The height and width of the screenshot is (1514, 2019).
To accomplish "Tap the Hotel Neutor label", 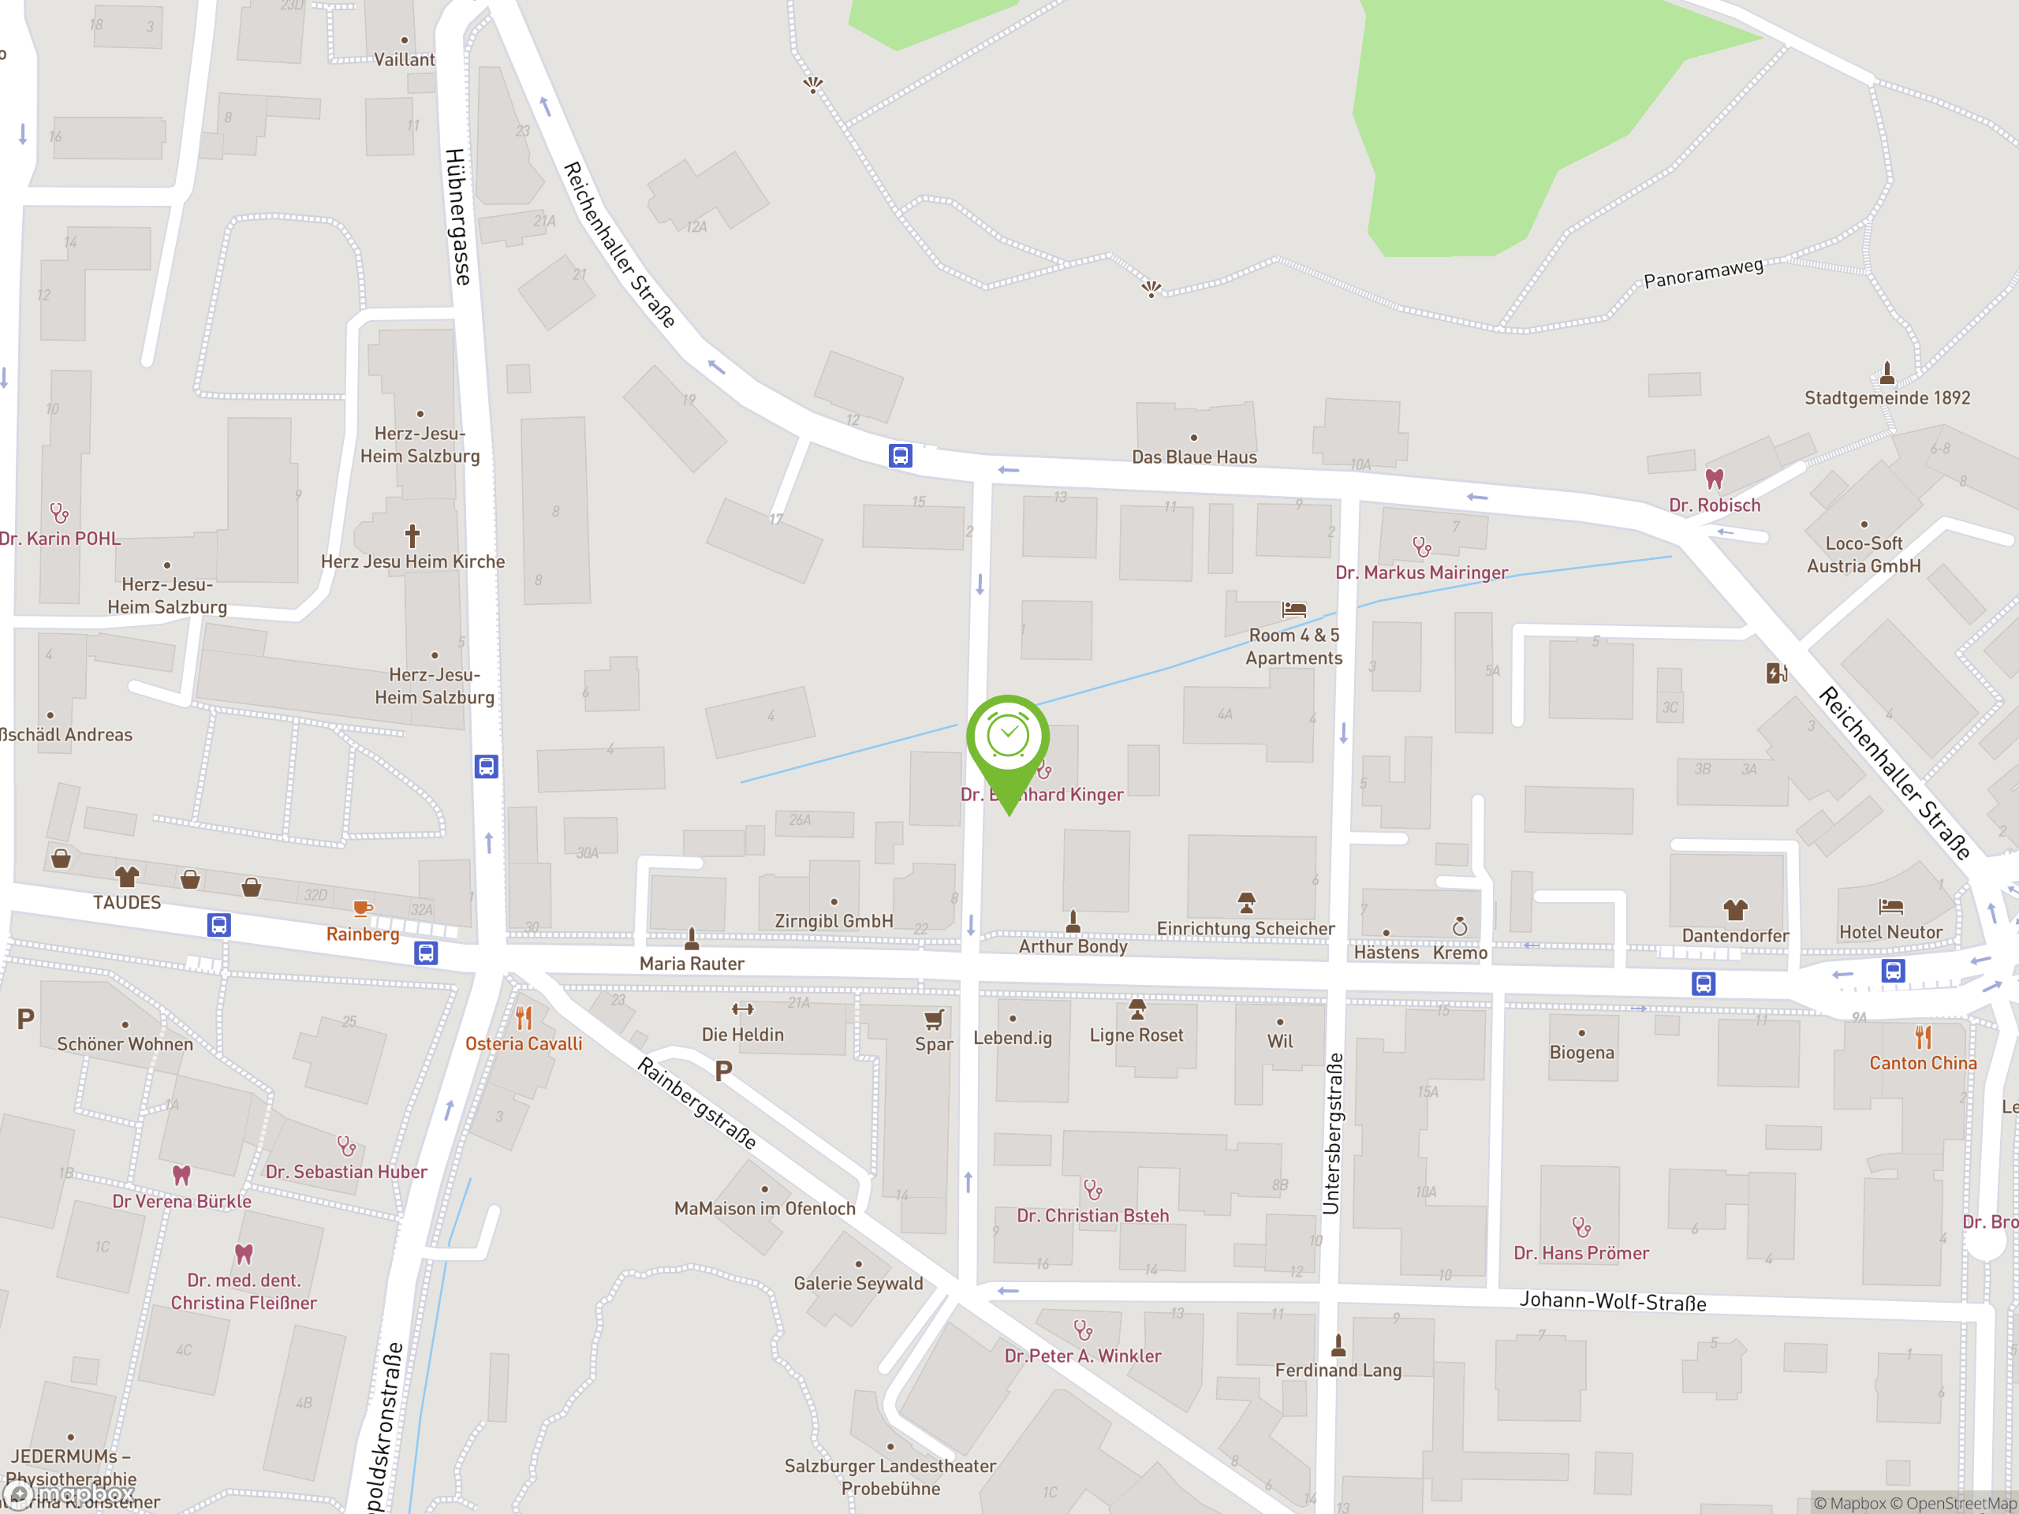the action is tap(1890, 932).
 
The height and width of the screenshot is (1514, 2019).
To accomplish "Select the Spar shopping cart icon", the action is tap(934, 1019).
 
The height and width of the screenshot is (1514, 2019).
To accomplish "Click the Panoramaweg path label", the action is tap(1704, 273).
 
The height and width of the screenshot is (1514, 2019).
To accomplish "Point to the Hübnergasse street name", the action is tap(458, 216).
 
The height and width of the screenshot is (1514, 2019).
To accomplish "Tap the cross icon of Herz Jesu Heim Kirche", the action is tap(412, 535).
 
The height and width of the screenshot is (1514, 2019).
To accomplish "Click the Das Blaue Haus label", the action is tap(1194, 457).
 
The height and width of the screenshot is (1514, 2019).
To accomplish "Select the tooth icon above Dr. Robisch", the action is tap(1714, 478).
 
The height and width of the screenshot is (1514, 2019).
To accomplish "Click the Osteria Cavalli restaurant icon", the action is tap(524, 1016).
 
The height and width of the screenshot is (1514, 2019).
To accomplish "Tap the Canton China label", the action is tap(1922, 1063).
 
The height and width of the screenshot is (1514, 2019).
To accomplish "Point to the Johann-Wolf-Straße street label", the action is tap(1612, 1301).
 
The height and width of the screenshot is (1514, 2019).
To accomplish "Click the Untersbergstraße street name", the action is tap(1333, 1133).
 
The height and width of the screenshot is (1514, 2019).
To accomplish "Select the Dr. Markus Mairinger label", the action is tap(1421, 572).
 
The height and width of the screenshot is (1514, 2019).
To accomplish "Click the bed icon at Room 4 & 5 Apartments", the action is tap(1293, 609).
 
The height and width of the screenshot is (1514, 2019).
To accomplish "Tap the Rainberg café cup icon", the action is tap(362, 908).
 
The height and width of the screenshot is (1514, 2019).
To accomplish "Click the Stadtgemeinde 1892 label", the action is tap(1887, 398).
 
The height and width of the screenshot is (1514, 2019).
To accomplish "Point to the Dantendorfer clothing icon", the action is tap(1735, 909).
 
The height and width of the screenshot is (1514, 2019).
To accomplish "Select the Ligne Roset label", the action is tap(1136, 1035).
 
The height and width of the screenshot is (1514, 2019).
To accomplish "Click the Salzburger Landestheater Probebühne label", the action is tap(890, 1477).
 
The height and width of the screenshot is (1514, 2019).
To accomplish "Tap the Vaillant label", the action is tap(405, 59).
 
